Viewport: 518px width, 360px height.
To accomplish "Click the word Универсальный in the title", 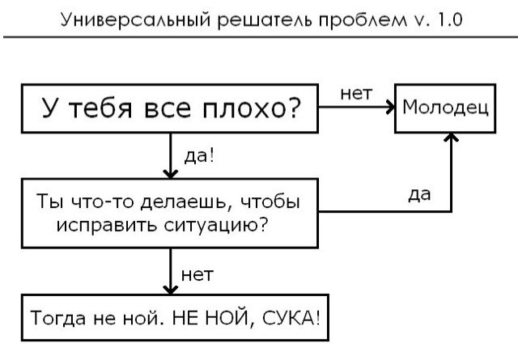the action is point(136,19).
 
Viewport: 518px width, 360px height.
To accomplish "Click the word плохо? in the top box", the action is point(251,108).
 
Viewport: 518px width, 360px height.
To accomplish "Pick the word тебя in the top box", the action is point(100,108).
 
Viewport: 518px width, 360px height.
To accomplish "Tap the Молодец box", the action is point(445,108).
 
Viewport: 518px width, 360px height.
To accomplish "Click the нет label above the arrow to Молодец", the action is point(356,94).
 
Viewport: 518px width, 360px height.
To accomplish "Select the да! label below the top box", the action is point(199,155).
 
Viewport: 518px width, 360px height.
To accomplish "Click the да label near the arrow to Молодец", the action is point(419,194).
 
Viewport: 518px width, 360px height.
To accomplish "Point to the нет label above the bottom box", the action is point(197,275).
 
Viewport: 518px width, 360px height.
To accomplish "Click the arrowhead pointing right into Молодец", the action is point(391,108).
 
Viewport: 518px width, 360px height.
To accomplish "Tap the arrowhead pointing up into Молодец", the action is point(452,137).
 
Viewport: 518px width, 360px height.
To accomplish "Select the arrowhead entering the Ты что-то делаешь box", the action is point(171,174).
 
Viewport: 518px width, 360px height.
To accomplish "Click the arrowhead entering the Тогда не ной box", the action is point(171,290).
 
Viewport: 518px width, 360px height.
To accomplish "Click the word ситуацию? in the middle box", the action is point(215,226).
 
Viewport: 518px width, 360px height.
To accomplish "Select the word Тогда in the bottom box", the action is point(57,318).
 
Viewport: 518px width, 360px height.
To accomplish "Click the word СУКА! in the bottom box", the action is point(291,319).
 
